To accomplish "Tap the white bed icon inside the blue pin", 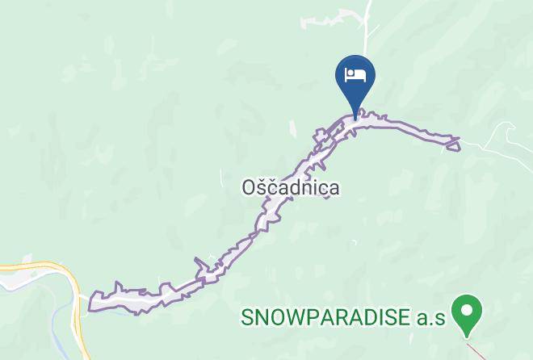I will click(x=355, y=75).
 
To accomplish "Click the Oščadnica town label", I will click(x=291, y=187).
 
